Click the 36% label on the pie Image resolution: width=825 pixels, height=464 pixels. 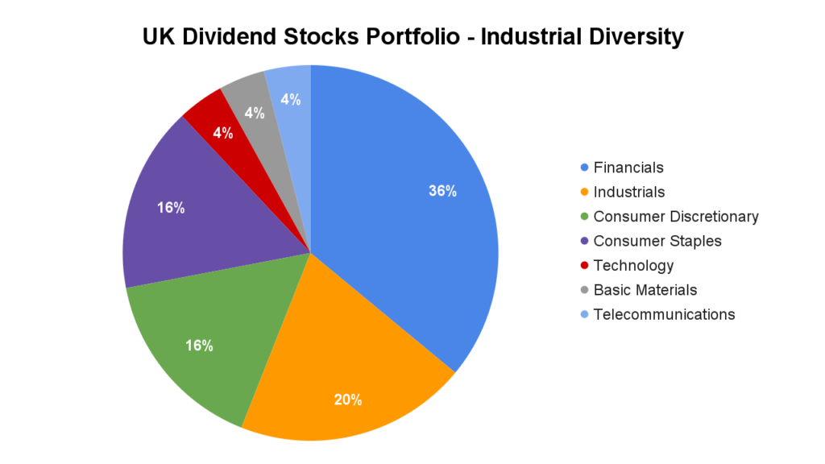442,191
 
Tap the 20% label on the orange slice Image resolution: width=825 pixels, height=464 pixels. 348,400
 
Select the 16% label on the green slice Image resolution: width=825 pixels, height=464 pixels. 198,346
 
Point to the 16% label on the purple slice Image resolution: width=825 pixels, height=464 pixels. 171,208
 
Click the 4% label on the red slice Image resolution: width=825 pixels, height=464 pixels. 222,133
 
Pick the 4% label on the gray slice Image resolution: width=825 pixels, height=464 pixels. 255,114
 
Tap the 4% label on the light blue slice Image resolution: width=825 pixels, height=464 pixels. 290,100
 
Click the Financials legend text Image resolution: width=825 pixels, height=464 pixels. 628,168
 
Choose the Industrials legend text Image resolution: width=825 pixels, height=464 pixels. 628,192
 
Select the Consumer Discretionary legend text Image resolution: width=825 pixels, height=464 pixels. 676,216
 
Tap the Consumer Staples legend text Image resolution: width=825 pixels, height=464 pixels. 657,241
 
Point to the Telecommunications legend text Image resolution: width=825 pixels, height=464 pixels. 664,314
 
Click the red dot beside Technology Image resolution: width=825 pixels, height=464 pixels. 583,265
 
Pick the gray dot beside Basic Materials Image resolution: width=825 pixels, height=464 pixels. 583,290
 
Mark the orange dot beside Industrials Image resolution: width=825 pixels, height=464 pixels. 583,192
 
